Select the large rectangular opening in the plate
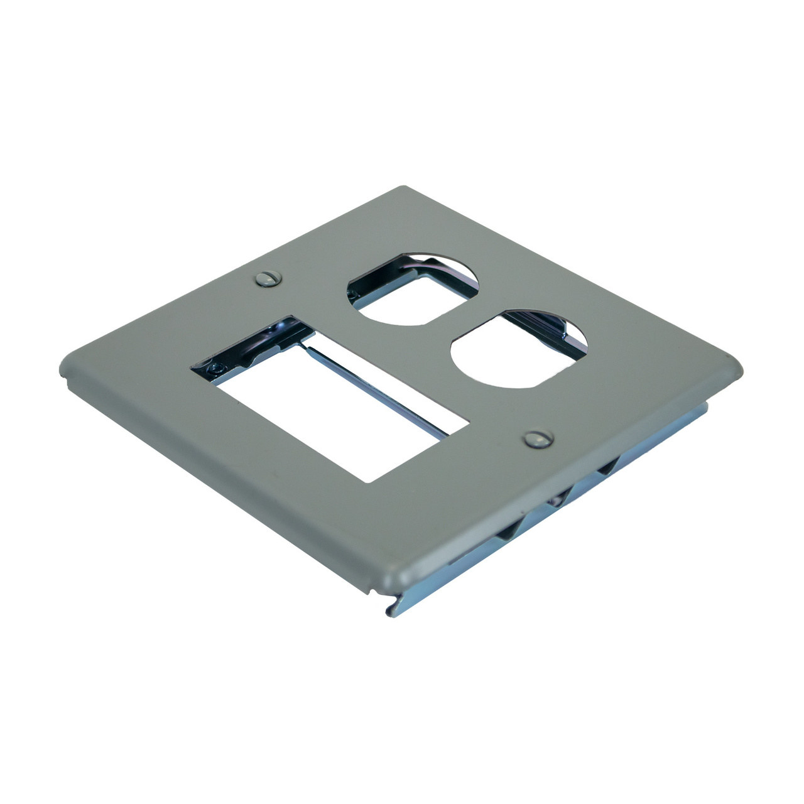pyautogui.click(x=339, y=415)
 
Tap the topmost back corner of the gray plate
pyautogui.click(x=402, y=188)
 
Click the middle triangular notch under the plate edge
pyautogui.click(x=556, y=503)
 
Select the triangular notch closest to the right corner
pyautogui.click(x=606, y=468)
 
